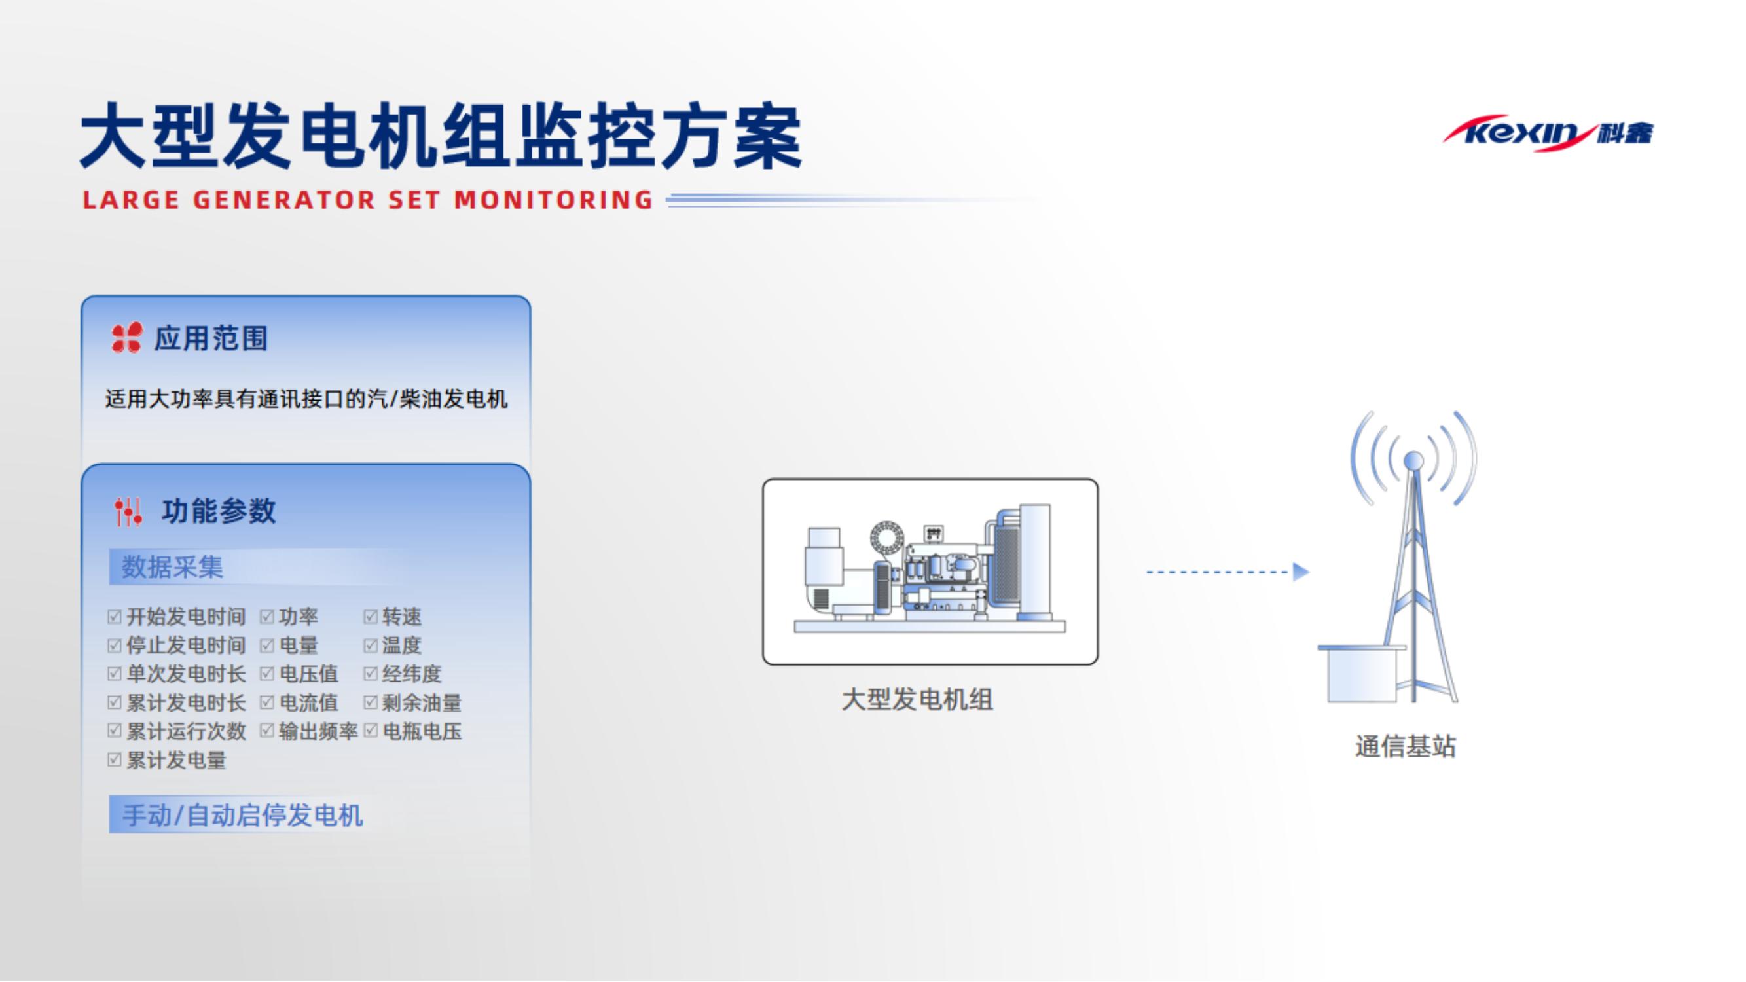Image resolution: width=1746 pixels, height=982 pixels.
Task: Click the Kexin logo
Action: pos(1548,133)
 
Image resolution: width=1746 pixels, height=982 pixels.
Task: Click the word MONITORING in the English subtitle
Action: pos(554,200)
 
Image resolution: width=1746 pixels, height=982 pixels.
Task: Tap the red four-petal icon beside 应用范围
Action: pos(127,338)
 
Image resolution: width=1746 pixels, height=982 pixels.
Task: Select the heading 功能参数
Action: pos(218,511)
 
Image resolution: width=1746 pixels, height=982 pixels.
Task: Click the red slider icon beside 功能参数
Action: pos(128,512)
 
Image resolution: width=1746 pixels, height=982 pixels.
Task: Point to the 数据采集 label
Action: pos(172,567)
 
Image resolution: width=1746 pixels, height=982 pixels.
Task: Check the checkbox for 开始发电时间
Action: pos(115,617)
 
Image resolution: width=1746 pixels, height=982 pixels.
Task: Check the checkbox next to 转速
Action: pos(370,617)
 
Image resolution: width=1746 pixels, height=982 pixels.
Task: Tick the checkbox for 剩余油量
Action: pos(370,702)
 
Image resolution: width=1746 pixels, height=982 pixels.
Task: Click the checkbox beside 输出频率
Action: pos(267,731)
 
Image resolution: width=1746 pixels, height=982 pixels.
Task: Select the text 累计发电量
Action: pos(176,760)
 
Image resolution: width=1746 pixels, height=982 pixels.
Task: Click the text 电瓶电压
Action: pos(422,732)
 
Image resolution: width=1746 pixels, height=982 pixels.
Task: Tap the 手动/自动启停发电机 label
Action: pos(242,815)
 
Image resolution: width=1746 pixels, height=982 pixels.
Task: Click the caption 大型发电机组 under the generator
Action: pos(917,700)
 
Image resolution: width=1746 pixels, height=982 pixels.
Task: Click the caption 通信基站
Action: pos(1405,747)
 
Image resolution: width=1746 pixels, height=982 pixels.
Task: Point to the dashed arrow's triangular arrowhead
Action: pos(1300,572)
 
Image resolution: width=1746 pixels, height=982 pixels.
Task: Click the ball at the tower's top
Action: pos(1413,461)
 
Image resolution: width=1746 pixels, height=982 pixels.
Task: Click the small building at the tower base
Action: pos(1361,674)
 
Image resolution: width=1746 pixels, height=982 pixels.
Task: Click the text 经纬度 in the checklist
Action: pos(411,674)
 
